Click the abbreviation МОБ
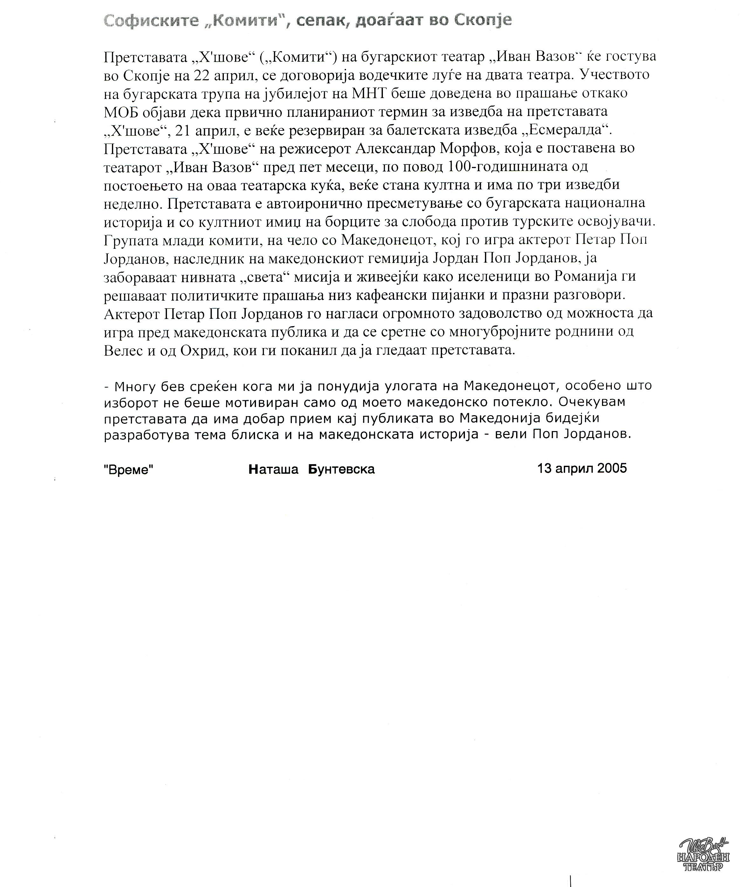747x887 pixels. (x=121, y=112)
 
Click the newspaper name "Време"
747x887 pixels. (x=128, y=469)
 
